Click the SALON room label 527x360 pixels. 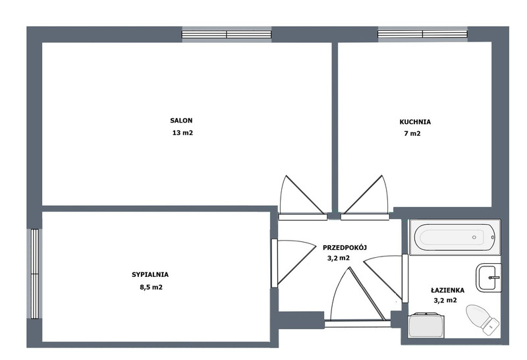click(181, 121)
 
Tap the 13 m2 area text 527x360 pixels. click(182, 133)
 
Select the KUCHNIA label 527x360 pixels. click(415, 122)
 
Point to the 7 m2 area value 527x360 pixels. click(412, 134)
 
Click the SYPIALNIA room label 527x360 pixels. click(150, 274)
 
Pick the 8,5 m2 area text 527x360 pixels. click(151, 287)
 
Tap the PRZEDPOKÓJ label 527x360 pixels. click(345, 248)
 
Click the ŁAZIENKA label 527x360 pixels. click(448, 290)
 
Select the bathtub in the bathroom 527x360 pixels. click(455, 237)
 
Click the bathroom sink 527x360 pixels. click(489, 278)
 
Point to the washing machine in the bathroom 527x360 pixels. click(426, 325)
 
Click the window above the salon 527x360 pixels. click(227, 34)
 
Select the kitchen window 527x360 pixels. click(422, 34)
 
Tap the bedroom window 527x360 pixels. click(35, 274)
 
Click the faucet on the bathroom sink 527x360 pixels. click(495, 278)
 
